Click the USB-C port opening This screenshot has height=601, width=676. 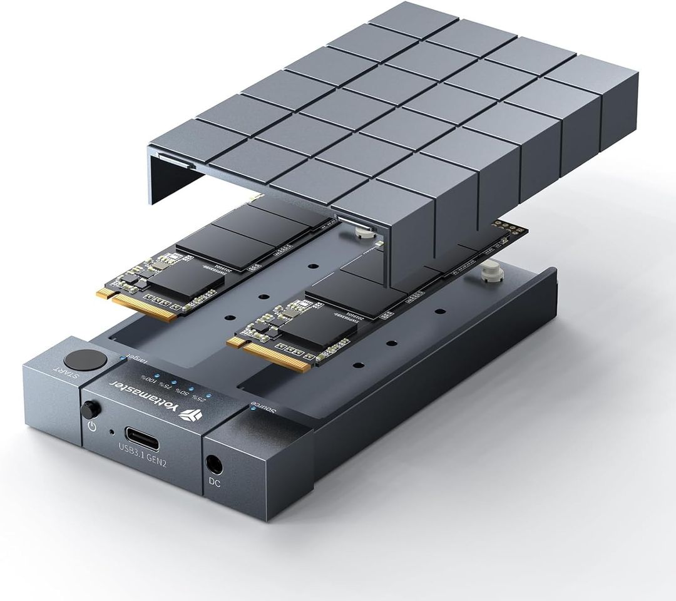[x=143, y=434]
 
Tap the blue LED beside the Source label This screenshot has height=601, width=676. [x=252, y=408]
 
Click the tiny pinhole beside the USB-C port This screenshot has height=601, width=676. [x=111, y=431]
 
